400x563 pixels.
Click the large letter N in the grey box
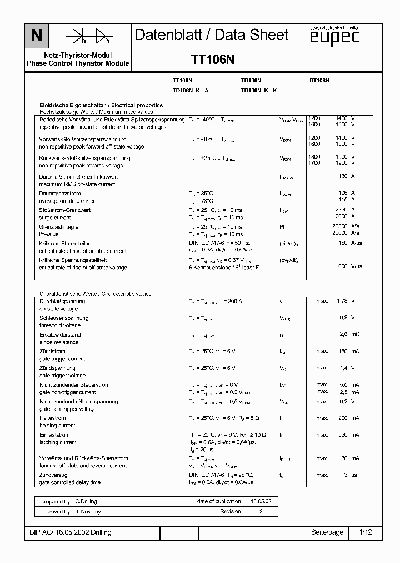point(36,36)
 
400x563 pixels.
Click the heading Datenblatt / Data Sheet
point(212,35)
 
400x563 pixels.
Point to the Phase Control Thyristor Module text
point(78,63)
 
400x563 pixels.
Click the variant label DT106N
point(319,81)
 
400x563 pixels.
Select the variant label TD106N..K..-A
point(191,90)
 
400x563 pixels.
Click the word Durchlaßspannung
point(60,301)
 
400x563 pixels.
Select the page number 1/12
point(365,532)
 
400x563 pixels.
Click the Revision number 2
point(261,511)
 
